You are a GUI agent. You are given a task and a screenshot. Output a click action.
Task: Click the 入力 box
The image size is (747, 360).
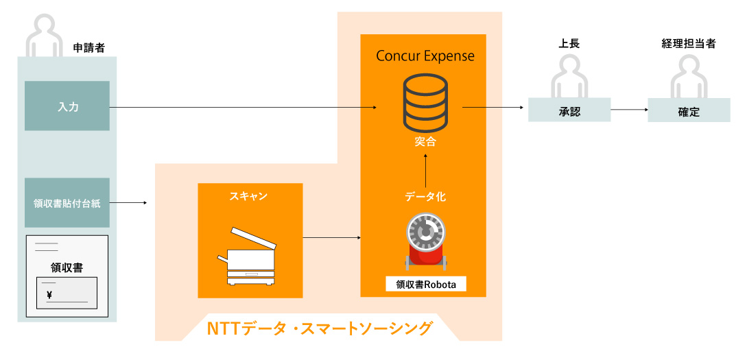point(67,106)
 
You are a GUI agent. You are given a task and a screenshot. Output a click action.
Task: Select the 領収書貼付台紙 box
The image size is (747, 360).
point(67,203)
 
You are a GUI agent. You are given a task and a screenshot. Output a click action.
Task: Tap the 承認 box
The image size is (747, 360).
point(569,111)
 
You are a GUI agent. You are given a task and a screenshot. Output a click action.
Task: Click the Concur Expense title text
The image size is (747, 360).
point(425,56)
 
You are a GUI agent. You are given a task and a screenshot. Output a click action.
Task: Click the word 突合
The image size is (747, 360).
point(425,143)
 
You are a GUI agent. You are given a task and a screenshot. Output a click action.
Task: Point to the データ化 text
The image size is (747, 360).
point(425,197)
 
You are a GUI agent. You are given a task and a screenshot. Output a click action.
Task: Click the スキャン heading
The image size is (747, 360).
point(249,197)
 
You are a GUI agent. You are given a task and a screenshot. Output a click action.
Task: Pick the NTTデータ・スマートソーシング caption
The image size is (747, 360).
point(320,328)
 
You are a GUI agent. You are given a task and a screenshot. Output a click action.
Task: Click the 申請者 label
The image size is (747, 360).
point(88,47)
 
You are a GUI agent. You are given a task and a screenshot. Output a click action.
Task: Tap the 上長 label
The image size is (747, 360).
point(569,44)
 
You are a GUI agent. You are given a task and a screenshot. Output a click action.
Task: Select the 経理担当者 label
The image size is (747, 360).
point(688,44)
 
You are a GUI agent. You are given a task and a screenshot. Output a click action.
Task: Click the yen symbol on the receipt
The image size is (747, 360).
point(49,296)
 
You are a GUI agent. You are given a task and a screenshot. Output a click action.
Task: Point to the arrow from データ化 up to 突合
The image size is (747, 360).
point(425,170)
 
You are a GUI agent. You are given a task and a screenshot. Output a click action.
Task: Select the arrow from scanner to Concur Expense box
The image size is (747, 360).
point(331,238)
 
